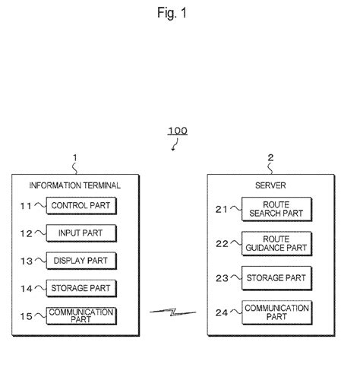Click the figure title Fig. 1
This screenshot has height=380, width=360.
[179, 13]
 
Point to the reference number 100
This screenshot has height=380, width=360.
[177, 130]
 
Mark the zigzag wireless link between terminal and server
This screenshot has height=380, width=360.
[173, 312]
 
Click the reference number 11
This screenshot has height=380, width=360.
[24, 205]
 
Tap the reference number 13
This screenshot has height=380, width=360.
[24, 261]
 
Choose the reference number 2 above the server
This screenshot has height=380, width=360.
[270, 158]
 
